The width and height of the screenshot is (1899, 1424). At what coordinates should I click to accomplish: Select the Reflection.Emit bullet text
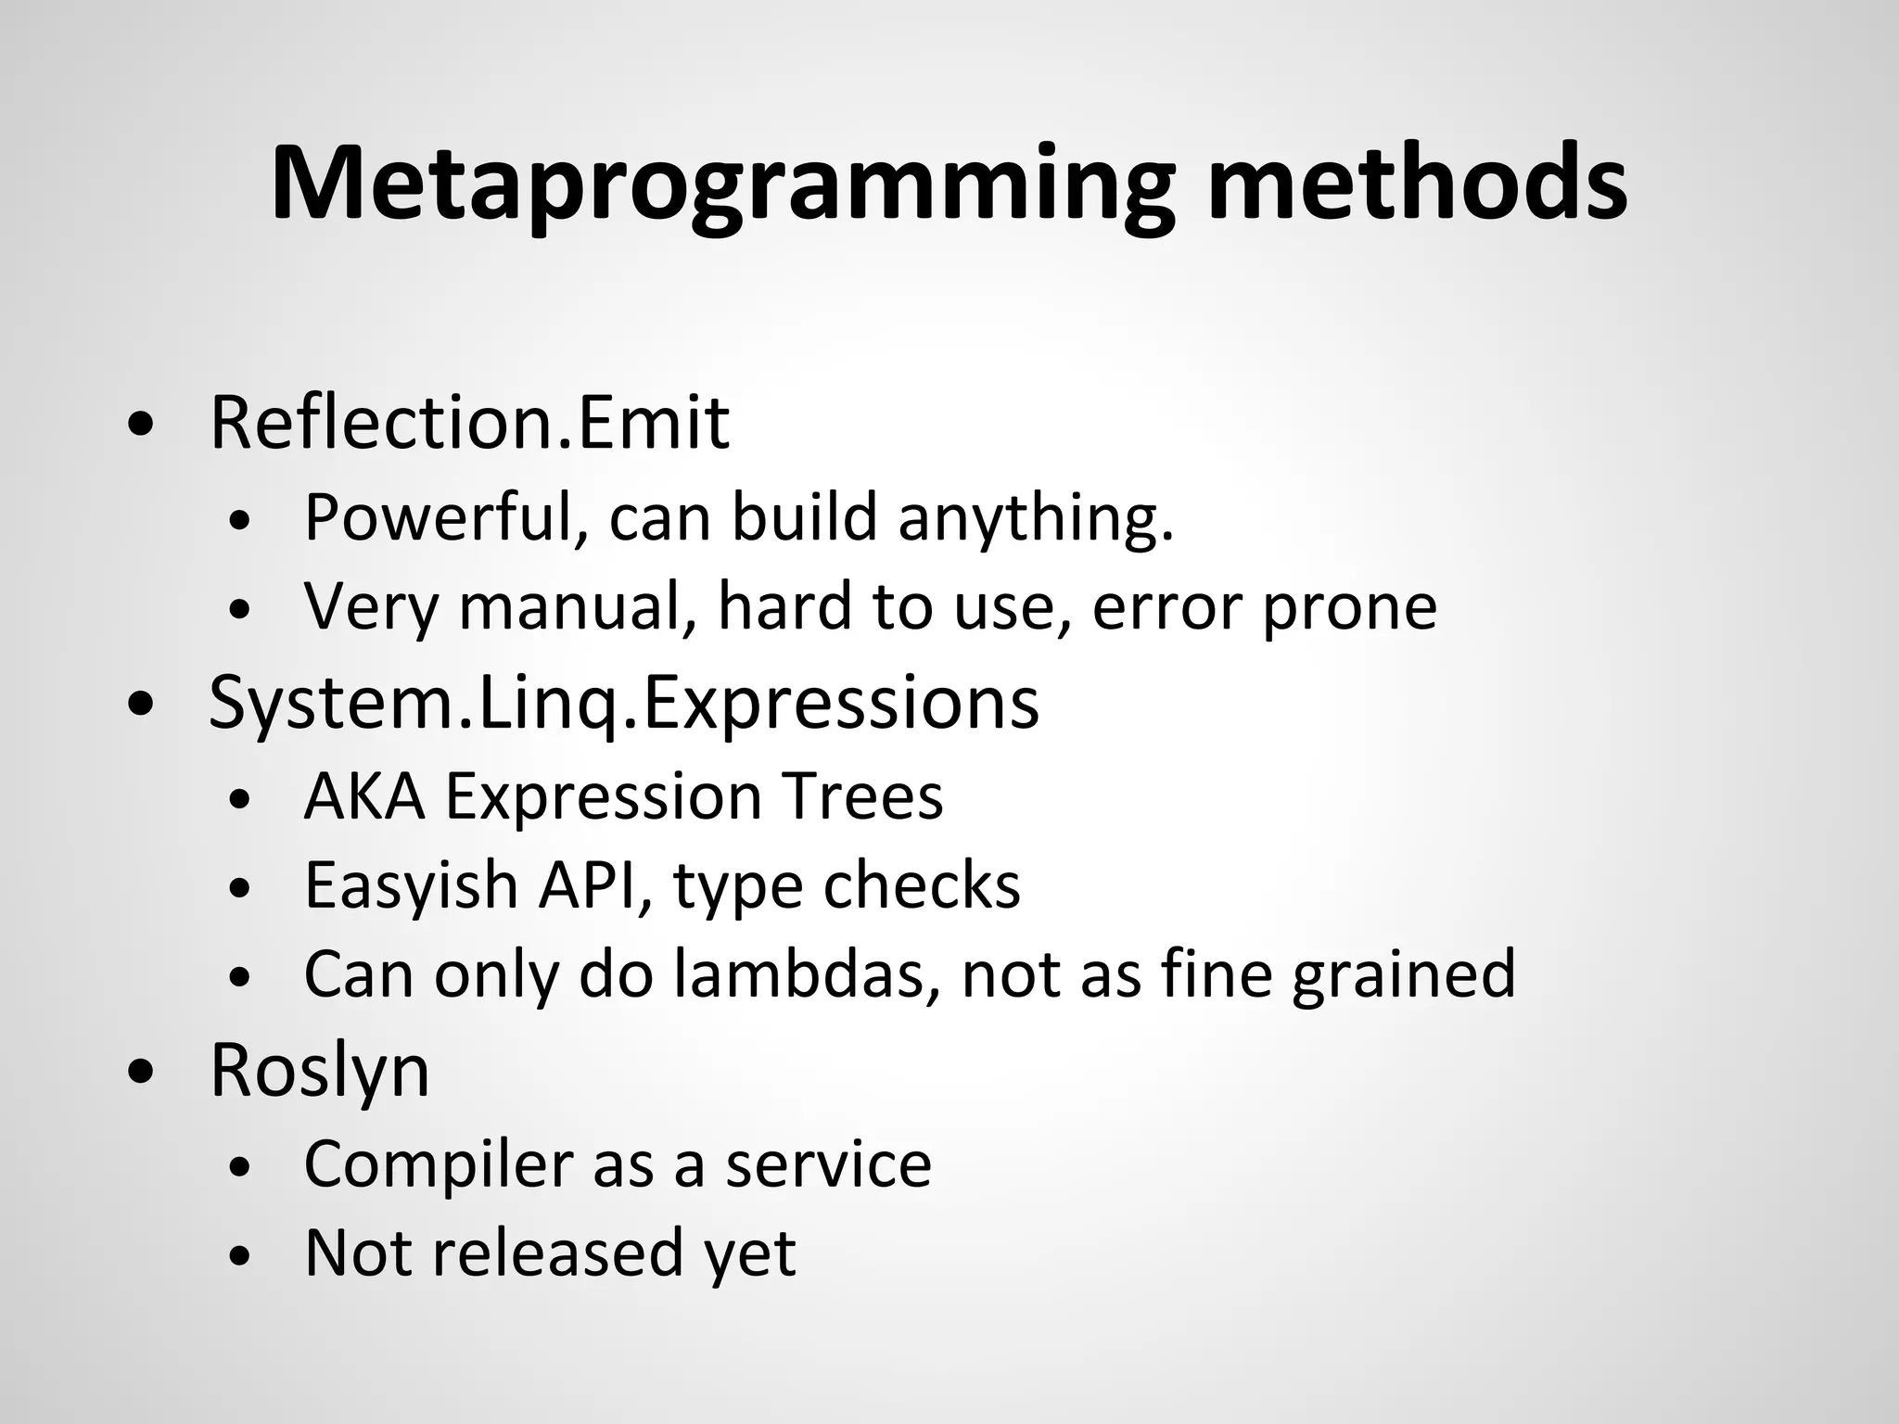[469, 423]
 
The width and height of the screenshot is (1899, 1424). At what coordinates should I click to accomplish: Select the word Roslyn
[319, 1072]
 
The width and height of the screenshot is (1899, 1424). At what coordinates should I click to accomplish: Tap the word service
[827, 1164]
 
